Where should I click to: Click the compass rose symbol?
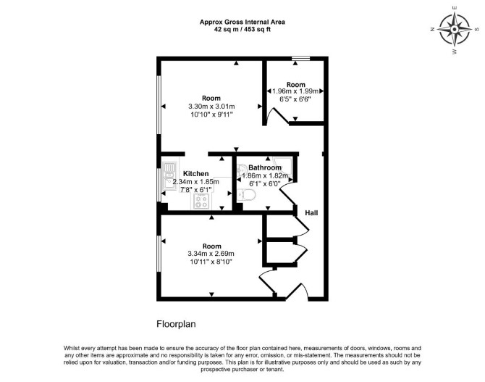click(x=455, y=30)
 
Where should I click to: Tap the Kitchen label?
click(x=195, y=173)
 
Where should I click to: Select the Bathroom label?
click(x=265, y=167)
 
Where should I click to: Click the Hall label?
click(x=311, y=213)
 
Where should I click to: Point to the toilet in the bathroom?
click(x=247, y=196)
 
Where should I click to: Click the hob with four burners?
click(x=201, y=202)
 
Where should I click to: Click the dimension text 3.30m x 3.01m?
click(x=211, y=107)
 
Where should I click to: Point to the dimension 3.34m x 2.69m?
click(x=211, y=254)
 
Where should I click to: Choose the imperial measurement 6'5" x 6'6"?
click(x=295, y=99)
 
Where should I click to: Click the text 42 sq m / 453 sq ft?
click(x=242, y=30)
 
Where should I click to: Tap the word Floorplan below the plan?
click(x=176, y=324)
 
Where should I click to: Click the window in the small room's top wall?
click(x=301, y=58)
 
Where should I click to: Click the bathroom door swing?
click(x=287, y=193)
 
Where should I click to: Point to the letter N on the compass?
click(x=432, y=30)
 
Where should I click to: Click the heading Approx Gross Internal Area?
click(x=242, y=22)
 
